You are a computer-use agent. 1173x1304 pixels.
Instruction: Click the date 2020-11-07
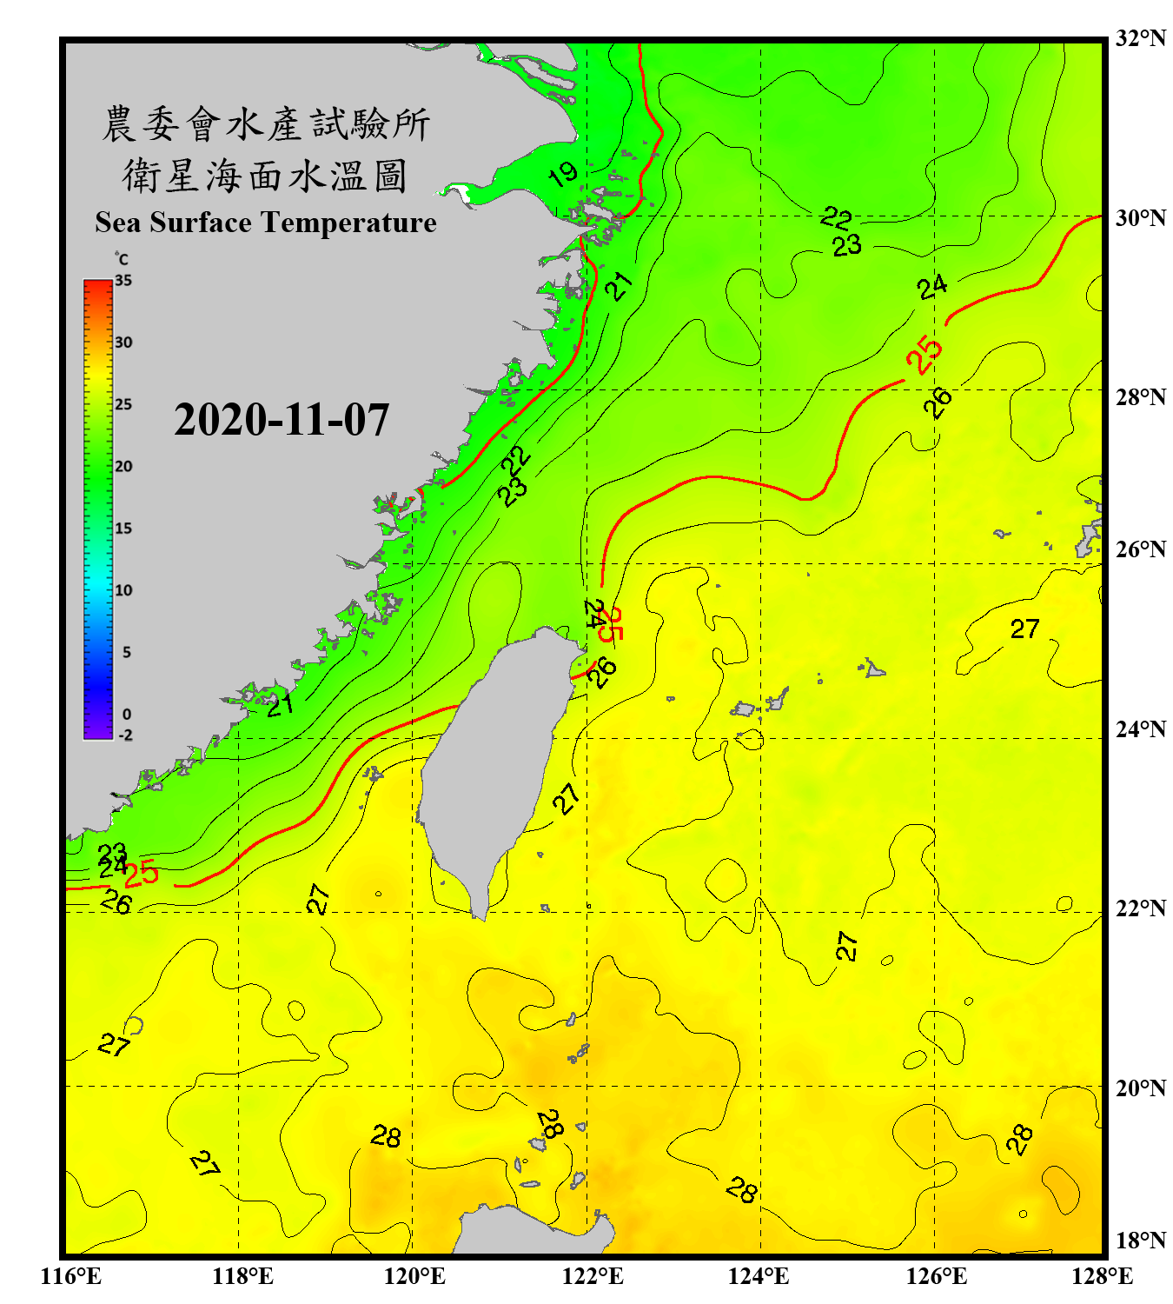pyautogui.click(x=282, y=420)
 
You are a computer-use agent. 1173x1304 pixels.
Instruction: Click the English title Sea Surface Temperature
pyautogui.click(x=266, y=223)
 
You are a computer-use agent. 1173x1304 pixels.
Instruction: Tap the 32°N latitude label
pyautogui.click(x=1140, y=38)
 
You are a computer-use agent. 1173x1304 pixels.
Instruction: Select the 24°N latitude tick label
pyautogui.click(x=1140, y=729)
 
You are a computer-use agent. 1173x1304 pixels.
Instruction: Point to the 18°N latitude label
pyautogui.click(x=1140, y=1241)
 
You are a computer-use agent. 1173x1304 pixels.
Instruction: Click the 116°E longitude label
pyautogui.click(x=71, y=1276)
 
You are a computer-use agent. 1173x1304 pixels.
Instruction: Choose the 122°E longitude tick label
pyautogui.click(x=593, y=1276)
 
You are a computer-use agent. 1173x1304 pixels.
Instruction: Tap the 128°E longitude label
pyautogui.click(x=1102, y=1276)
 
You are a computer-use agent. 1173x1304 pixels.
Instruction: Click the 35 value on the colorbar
pyautogui.click(x=123, y=281)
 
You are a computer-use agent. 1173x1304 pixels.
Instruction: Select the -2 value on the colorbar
pyautogui.click(x=125, y=735)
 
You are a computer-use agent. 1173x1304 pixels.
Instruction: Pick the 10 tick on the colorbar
pyautogui.click(x=123, y=591)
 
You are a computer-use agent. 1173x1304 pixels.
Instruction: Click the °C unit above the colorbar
pyautogui.click(x=122, y=259)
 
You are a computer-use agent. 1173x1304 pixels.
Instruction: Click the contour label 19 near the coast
pyautogui.click(x=563, y=175)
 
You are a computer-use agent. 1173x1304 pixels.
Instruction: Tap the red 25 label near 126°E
pyautogui.click(x=924, y=354)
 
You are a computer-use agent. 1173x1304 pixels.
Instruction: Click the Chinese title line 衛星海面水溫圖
pyautogui.click(x=265, y=176)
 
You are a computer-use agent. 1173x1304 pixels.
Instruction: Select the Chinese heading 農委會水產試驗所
pyautogui.click(x=266, y=124)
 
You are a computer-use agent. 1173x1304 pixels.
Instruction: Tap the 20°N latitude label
pyautogui.click(x=1140, y=1088)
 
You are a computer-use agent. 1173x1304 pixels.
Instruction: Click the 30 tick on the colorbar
pyautogui.click(x=123, y=343)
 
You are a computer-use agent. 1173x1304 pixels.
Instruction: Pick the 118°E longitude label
pyautogui.click(x=242, y=1276)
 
